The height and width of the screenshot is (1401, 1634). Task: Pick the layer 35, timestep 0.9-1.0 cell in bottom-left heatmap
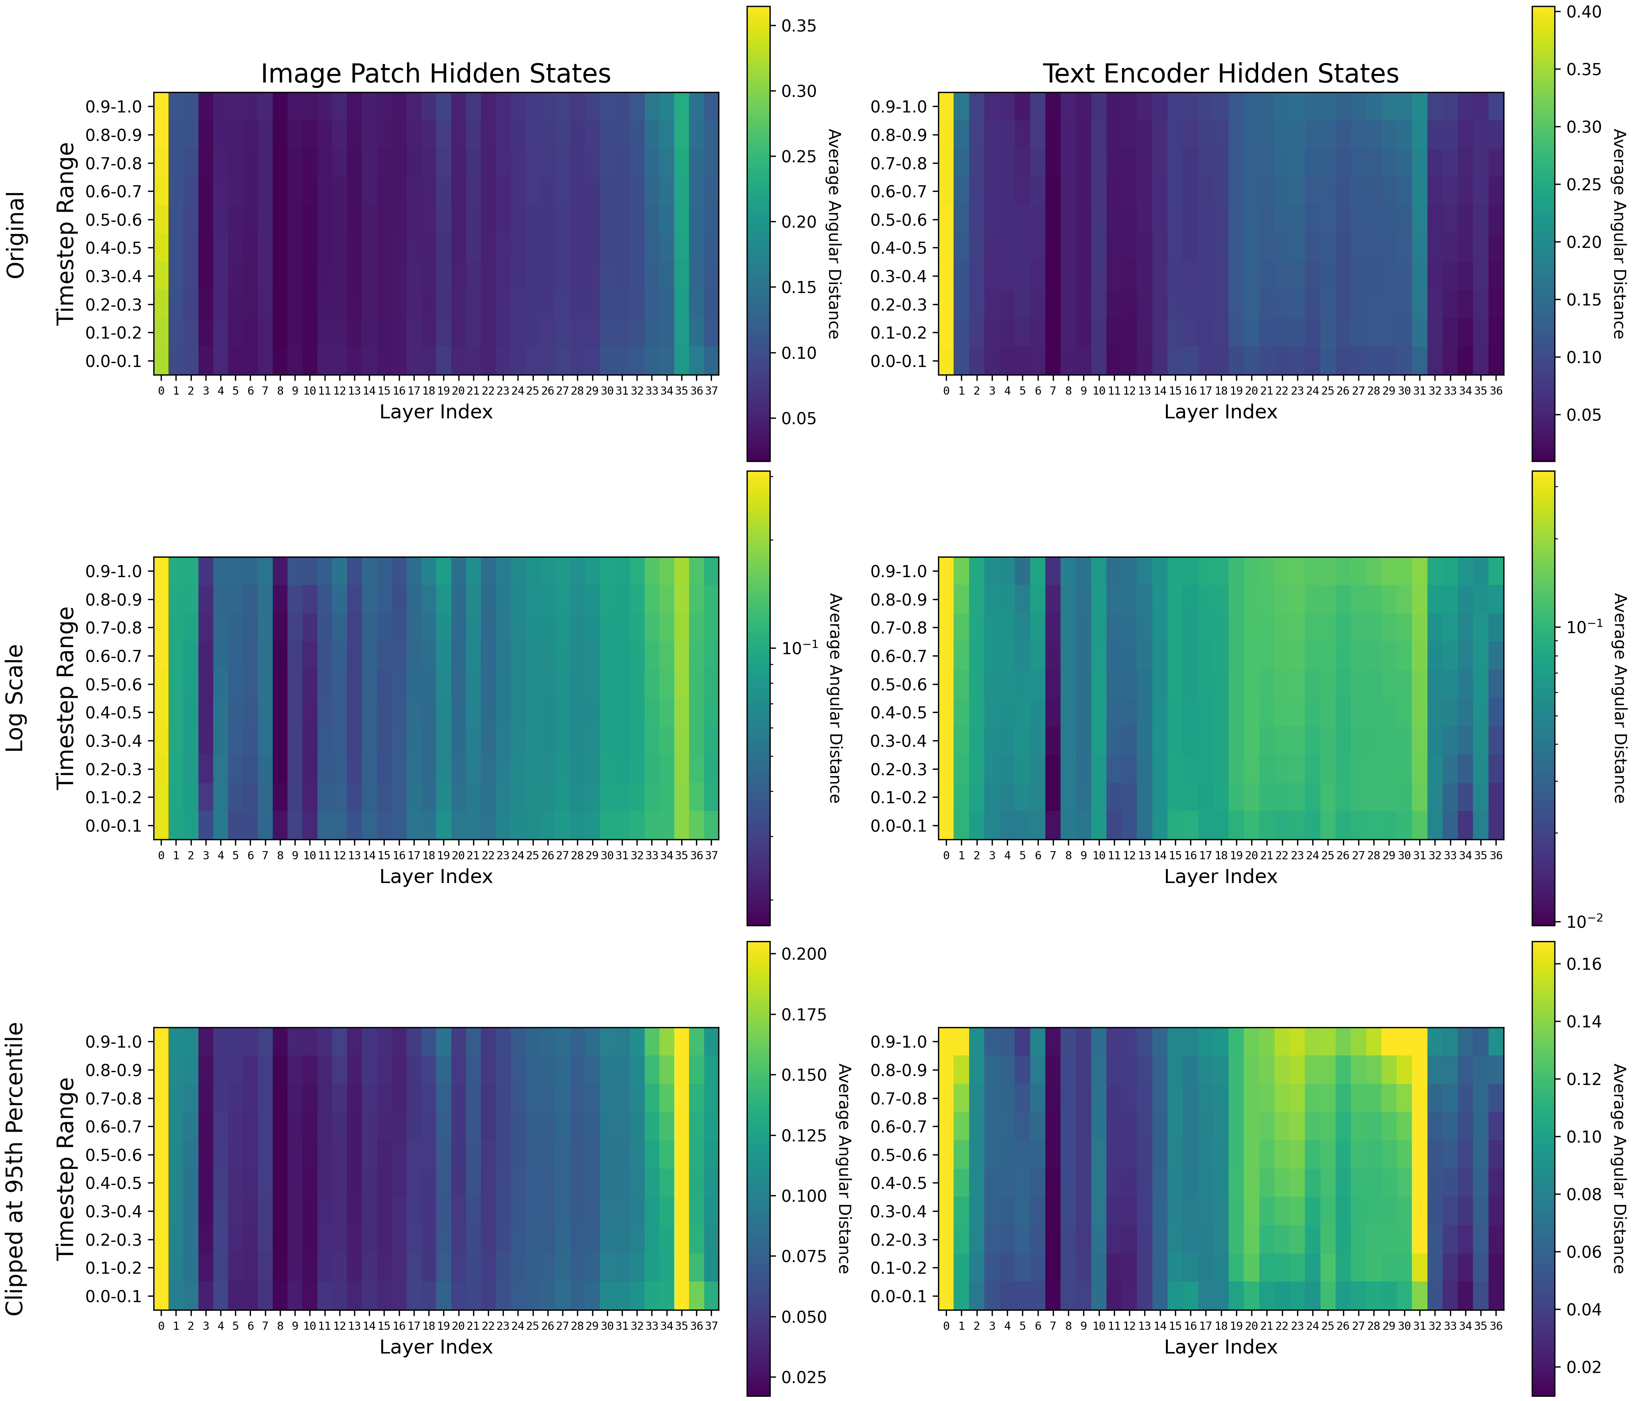pos(681,1041)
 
